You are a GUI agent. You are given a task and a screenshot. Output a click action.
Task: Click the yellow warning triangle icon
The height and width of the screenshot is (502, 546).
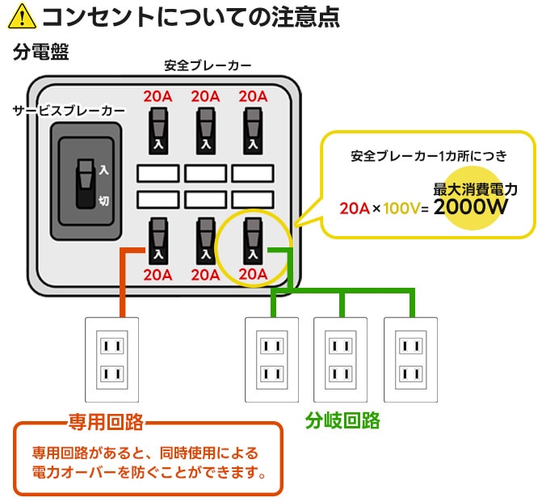tap(22, 16)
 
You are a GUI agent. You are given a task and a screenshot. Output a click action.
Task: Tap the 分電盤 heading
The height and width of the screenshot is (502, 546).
tap(41, 52)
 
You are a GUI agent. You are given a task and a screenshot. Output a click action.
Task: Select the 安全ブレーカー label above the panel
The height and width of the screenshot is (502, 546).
tap(208, 65)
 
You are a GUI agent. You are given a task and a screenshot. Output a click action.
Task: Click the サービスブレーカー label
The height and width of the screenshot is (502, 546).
tap(69, 111)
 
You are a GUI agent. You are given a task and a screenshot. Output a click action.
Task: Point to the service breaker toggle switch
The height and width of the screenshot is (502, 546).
tap(86, 184)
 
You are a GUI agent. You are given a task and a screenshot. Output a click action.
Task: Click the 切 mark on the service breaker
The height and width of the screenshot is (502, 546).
tap(103, 200)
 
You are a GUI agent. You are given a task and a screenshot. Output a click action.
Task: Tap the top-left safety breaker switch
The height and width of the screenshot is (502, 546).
tap(158, 131)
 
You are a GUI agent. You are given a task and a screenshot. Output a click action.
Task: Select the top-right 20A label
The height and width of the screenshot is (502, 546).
tap(253, 96)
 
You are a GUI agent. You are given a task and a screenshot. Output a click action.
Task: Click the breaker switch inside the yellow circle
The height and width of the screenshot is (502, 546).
tap(253, 241)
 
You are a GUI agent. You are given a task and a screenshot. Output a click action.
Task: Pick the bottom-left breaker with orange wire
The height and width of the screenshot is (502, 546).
tap(158, 241)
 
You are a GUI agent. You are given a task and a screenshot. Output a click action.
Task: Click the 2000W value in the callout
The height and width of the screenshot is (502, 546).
tap(470, 207)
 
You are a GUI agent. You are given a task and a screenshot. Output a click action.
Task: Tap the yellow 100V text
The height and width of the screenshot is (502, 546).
tap(402, 209)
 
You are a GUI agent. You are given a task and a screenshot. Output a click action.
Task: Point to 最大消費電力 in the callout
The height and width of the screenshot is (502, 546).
tap(475, 189)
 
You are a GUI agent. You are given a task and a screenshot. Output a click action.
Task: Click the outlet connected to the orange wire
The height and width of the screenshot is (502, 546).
tap(111, 360)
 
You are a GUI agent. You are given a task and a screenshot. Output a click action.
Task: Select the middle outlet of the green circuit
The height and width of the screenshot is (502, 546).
tap(341, 360)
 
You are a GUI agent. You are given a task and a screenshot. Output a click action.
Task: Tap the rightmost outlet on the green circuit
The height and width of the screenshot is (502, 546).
tap(411, 360)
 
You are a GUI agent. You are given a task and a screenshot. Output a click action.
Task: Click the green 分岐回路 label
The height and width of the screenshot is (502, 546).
tap(342, 420)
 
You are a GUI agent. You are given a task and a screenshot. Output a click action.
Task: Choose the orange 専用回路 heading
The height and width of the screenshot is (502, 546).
tap(106, 422)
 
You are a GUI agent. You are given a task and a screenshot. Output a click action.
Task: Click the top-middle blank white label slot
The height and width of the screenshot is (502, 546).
tap(205, 173)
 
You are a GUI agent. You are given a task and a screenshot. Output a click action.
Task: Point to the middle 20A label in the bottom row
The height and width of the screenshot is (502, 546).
tap(205, 275)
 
